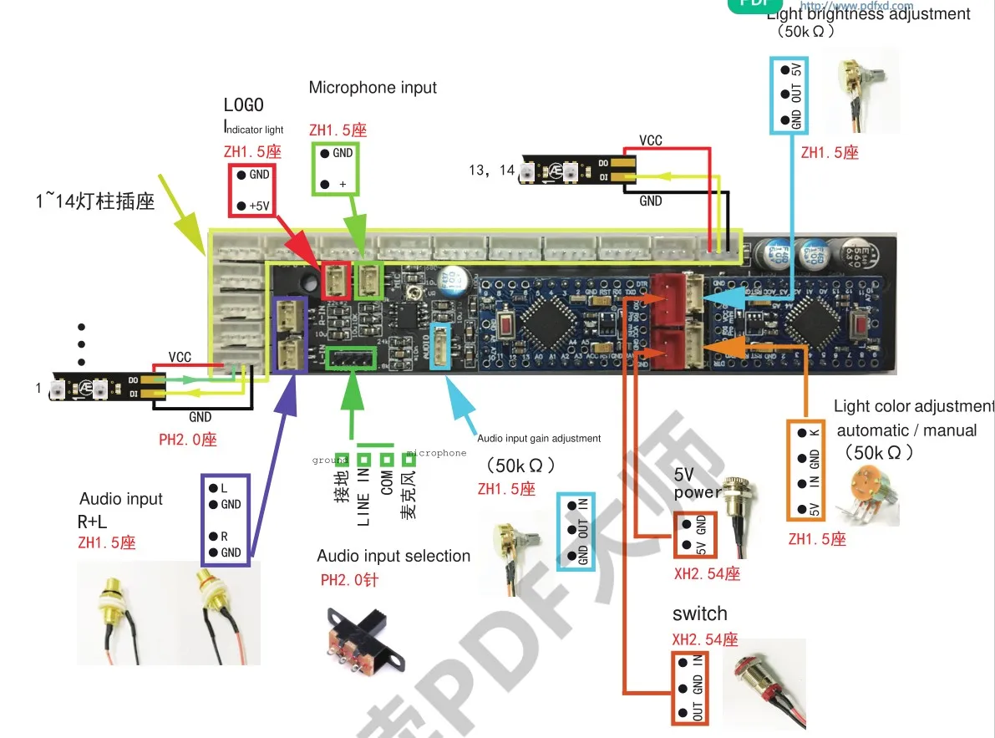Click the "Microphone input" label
pyautogui.click(x=373, y=88)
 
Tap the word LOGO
pyautogui.click(x=243, y=105)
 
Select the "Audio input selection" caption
pyautogui.click(x=393, y=557)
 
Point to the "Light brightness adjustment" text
pyautogui.click(x=868, y=14)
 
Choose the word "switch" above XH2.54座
pyautogui.click(x=699, y=614)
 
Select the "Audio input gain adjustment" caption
pyautogui.click(x=539, y=438)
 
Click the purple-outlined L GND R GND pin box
pyautogui.click(x=226, y=519)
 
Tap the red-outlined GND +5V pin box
pyautogui.click(x=253, y=190)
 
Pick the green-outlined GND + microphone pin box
pyautogui.click(x=337, y=168)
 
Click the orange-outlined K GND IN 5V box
pyautogui.click(x=806, y=471)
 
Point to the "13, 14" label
pyautogui.click(x=492, y=171)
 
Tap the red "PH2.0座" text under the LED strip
pyautogui.click(x=188, y=439)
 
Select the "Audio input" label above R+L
pyautogui.click(x=121, y=500)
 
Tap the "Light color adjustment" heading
pyautogui.click(x=914, y=407)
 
